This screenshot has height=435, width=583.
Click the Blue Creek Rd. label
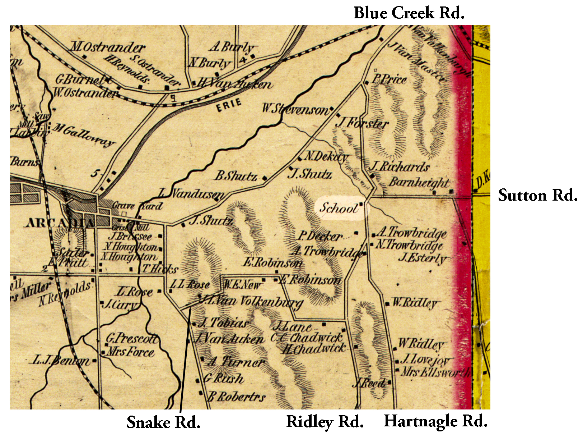click(x=409, y=13)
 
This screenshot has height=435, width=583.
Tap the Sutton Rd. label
click(x=537, y=195)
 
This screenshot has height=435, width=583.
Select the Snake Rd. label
click(x=163, y=422)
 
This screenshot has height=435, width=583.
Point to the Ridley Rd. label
click(x=325, y=421)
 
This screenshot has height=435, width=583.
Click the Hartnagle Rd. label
click(x=435, y=421)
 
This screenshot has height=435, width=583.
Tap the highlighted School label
click(x=339, y=208)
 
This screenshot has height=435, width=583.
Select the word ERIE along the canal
click(x=229, y=105)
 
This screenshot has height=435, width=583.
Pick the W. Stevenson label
click(x=295, y=109)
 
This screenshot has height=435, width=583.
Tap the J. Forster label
click(x=363, y=124)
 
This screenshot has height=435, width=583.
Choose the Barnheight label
click(x=419, y=182)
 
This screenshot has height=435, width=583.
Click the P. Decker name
click(x=320, y=236)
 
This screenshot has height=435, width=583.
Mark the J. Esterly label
click(x=422, y=258)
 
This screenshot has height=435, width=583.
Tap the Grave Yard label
click(x=137, y=206)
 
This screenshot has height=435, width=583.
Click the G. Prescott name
click(x=131, y=338)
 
